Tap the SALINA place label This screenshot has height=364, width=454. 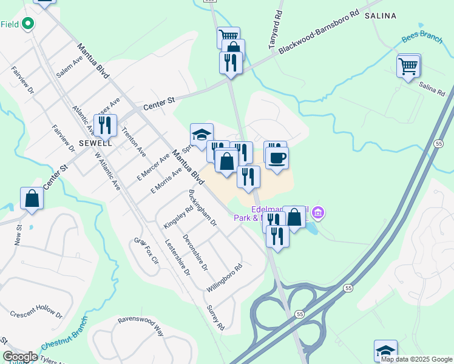381,16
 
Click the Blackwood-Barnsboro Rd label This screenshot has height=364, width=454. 319,32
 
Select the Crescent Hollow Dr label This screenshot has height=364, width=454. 36,314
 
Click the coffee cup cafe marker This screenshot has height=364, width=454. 277,158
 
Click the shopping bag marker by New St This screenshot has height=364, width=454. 32,198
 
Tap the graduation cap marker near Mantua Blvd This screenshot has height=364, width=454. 202,134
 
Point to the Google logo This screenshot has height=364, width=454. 21,357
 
